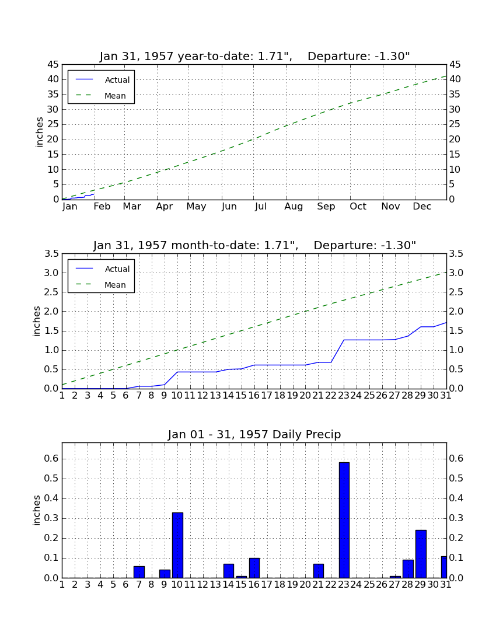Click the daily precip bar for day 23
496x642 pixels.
344,520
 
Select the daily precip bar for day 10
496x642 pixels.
177,545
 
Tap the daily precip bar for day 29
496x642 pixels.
421,554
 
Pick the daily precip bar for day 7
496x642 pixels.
139,572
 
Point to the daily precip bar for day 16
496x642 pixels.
254,568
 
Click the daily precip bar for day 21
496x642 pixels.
319,571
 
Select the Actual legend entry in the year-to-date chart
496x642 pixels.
103,80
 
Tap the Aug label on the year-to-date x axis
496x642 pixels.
294,207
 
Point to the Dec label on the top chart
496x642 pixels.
422,207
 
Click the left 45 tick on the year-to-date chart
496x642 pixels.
53,65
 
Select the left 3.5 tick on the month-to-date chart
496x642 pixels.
51,254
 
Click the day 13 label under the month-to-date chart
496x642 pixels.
215,396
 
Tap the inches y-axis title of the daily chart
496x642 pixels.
37,510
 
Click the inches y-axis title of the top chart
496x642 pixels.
39,132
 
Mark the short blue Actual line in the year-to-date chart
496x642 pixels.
78,197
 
